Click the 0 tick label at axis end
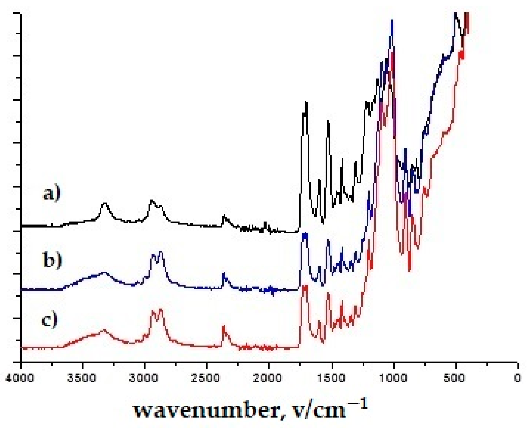[518, 378]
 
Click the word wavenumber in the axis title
[206, 410]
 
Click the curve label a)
[52, 194]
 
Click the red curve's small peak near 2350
[224, 327]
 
